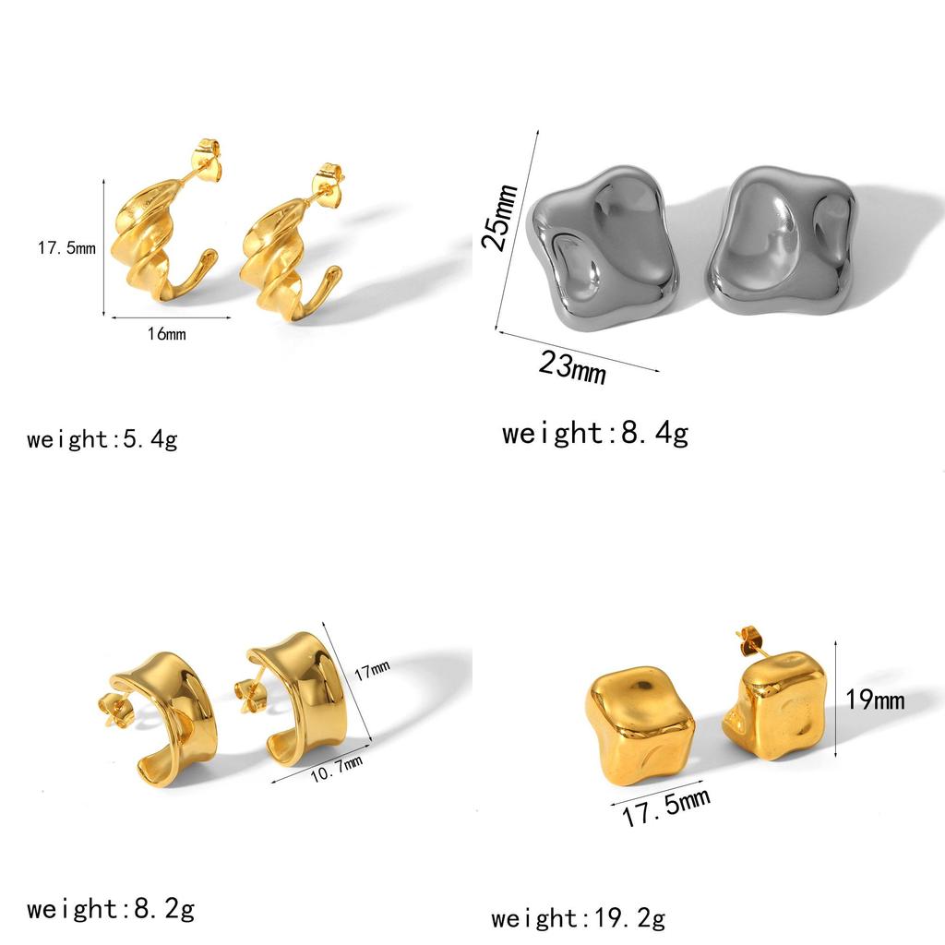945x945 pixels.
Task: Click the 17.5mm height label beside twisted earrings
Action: click(66, 247)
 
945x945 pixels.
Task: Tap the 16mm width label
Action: click(167, 333)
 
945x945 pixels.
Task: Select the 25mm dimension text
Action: click(499, 216)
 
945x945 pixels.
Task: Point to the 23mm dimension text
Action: click(572, 366)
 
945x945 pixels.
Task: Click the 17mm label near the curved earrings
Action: click(372, 670)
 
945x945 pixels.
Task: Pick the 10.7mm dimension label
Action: click(337, 769)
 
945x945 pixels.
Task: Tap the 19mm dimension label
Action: click(875, 700)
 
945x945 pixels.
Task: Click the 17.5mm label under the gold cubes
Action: click(666, 807)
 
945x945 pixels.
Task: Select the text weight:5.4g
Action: click(102, 438)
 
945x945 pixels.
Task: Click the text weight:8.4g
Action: click(595, 433)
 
